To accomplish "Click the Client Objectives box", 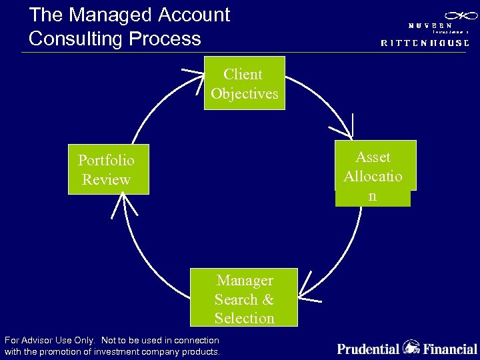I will pos(244,83).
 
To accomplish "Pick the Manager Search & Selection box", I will pos(244,298).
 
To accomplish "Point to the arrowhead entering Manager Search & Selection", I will pos(304,293).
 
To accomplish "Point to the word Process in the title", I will pos(170,38).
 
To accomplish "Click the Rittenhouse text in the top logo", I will pos(425,42).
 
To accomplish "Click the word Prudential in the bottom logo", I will pos(368,348).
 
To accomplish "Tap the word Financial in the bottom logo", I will pos(450,348).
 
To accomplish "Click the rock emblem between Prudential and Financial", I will pos(411,347).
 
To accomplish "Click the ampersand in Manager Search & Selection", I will pos(268,299).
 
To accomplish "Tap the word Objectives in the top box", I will pos(244,94).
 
